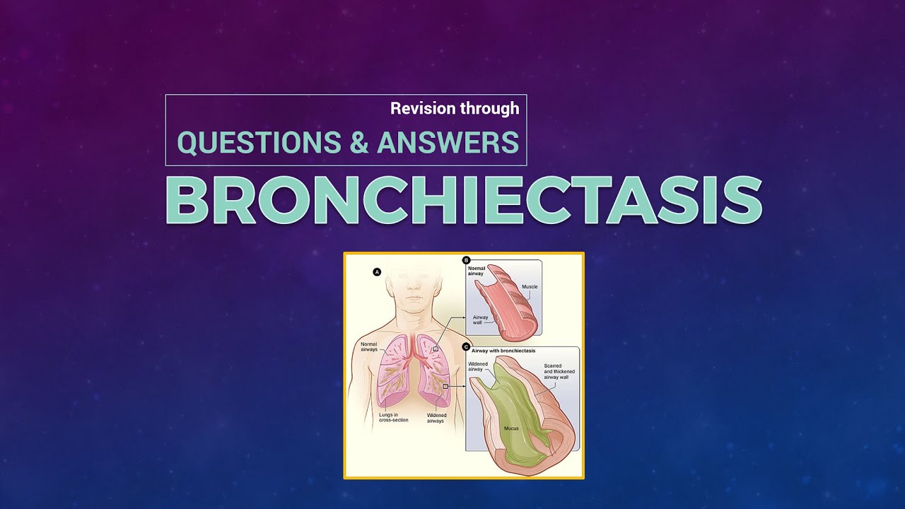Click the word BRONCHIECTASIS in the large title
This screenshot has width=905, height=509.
tap(463, 201)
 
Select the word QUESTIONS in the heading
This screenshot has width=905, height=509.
tap(259, 142)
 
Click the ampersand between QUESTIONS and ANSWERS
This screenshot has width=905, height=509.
tap(358, 142)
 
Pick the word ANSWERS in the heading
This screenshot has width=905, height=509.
tap(448, 142)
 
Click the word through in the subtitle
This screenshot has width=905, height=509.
tap(490, 108)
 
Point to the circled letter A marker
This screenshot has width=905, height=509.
tap(377, 271)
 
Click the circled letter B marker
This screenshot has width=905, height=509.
tap(465, 260)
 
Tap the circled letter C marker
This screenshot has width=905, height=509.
tap(465, 346)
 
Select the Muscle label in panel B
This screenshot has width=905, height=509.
tap(530, 286)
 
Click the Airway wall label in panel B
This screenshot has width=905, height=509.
tap(481, 320)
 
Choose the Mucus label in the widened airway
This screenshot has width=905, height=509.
tap(511, 428)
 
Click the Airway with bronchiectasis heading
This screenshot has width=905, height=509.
tap(503, 351)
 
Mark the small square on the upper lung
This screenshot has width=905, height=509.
tap(436, 349)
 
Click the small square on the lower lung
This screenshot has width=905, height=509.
tap(445, 387)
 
